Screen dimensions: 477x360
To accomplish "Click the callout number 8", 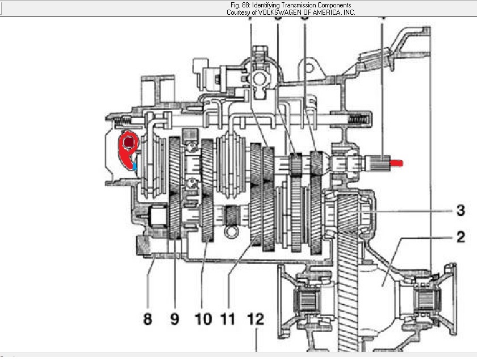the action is [148, 319].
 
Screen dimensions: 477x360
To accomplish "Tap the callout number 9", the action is [175, 319].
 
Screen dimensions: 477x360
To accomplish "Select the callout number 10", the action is [203, 319].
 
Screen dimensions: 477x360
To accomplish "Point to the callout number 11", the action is [228, 319].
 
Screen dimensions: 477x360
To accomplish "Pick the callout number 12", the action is [256, 319].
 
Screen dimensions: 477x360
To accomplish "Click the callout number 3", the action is [461, 210].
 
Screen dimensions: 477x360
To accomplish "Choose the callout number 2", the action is [461, 237].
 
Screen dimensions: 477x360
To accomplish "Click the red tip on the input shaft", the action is [396, 164].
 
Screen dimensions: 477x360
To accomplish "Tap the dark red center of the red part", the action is [129, 142].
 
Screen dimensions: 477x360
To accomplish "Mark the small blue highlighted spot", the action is [135, 166].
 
